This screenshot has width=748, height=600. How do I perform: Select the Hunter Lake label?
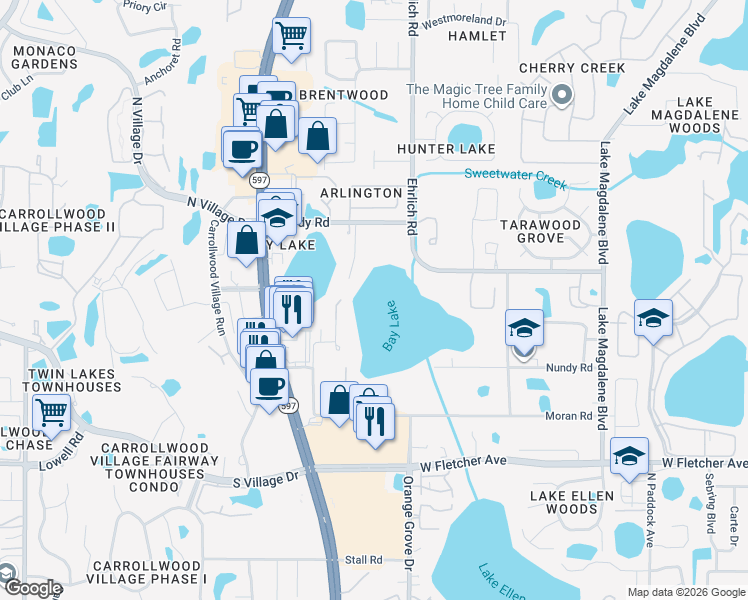pyautogui.click(x=446, y=149)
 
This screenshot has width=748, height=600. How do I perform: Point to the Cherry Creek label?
pyautogui.click(x=572, y=68)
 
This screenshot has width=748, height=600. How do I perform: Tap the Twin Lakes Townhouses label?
pyautogui.click(x=60, y=380)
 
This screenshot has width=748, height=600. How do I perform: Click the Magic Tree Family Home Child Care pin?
pyautogui.click(x=562, y=96)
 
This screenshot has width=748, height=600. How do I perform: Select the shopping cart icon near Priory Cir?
pyautogui.click(x=291, y=37)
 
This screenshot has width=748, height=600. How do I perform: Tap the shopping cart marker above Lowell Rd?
pyautogui.click(x=51, y=411)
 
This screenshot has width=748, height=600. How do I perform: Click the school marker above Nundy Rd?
pyautogui.click(x=523, y=328)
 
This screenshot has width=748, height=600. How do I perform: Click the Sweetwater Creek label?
pyautogui.click(x=515, y=178)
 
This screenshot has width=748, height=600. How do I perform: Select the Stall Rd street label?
pyautogui.click(x=364, y=560)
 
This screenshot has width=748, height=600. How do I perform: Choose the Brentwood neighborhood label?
pyautogui.click(x=343, y=95)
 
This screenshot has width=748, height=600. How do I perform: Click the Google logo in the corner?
pyautogui.click(x=32, y=588)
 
